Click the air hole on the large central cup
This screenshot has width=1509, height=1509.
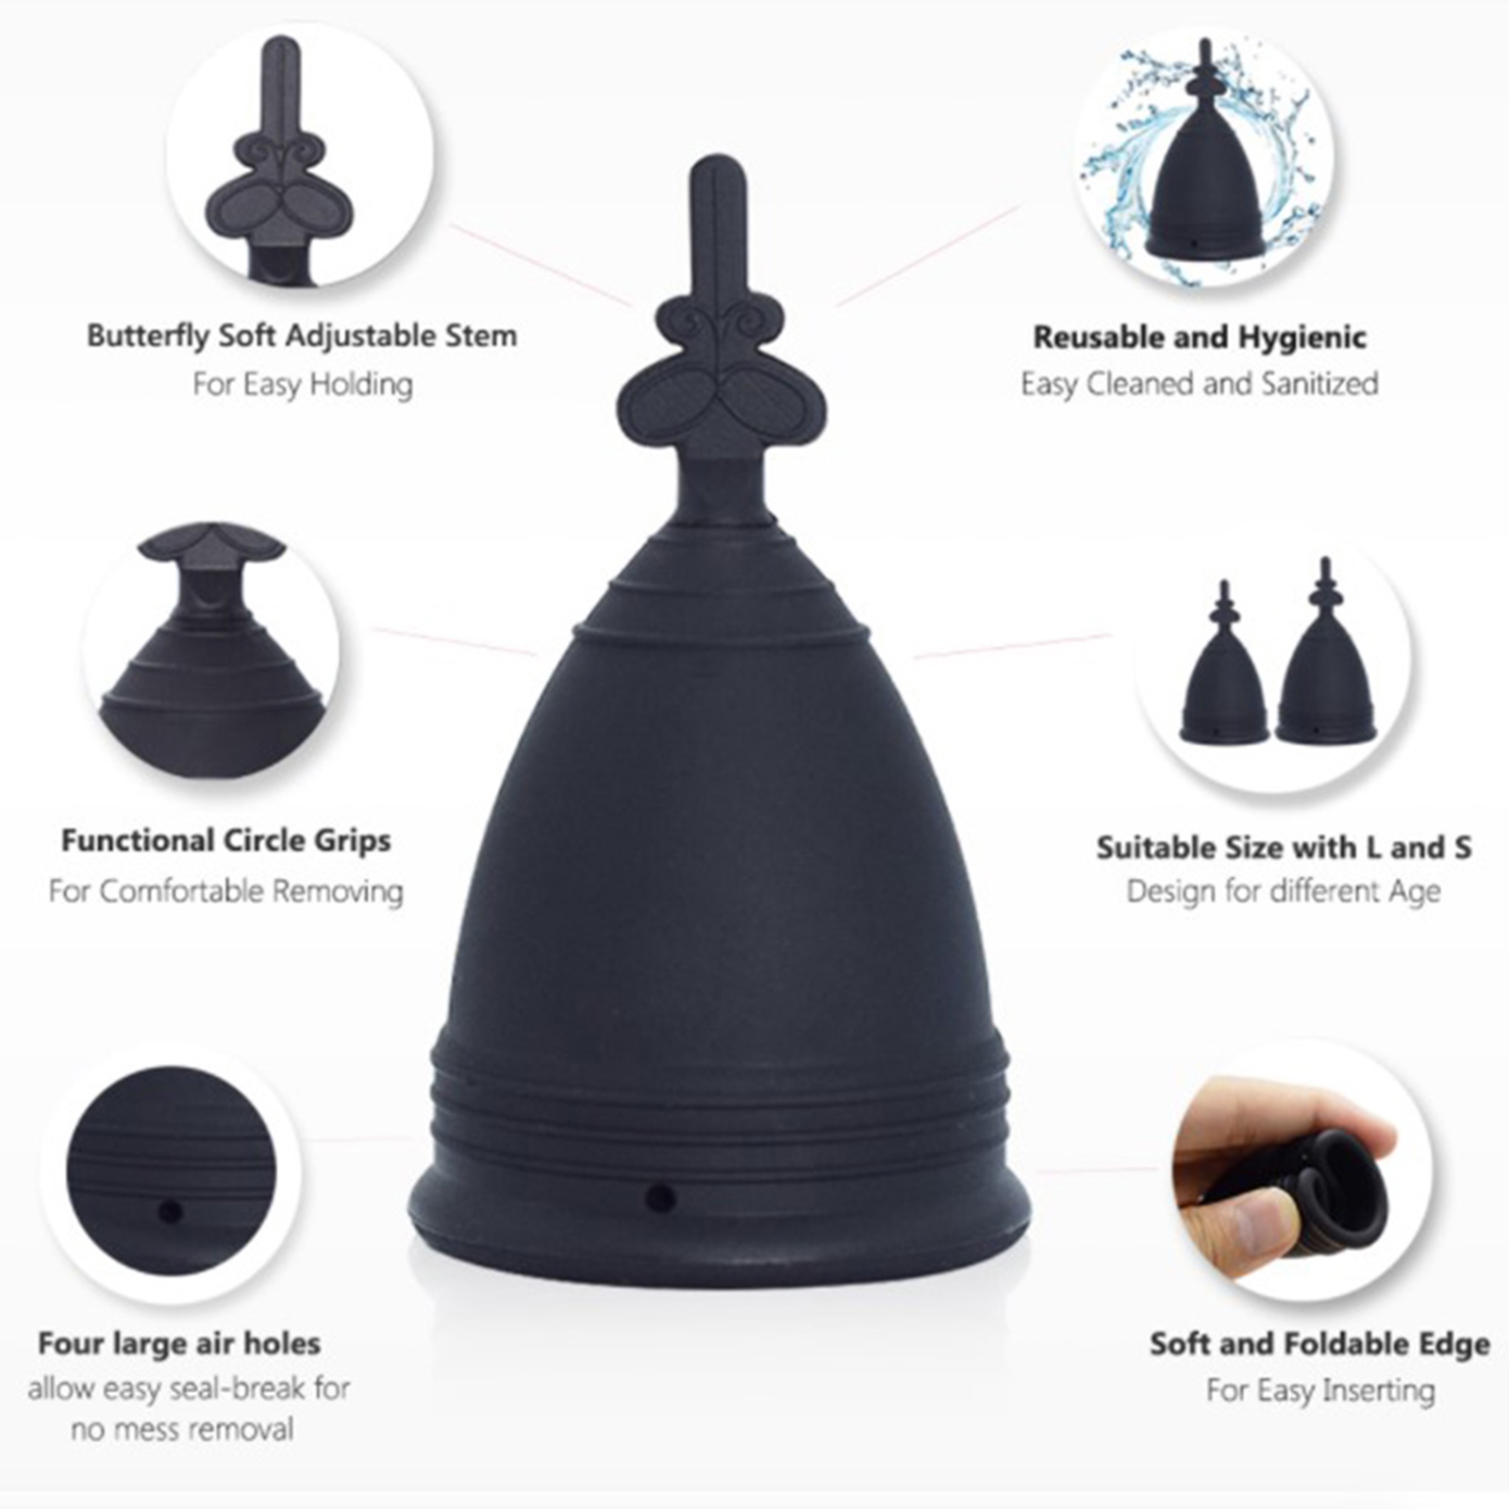click(661, 1199)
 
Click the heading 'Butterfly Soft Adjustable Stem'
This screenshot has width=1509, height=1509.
click(302, 336)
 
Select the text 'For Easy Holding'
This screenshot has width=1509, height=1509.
click(303, 384)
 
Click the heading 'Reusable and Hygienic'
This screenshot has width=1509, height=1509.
click(1200, 337)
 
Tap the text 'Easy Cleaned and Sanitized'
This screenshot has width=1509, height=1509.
click(1200, 384)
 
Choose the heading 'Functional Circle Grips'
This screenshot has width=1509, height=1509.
click(226, 840)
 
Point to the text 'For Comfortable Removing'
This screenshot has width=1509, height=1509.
click(226, 890)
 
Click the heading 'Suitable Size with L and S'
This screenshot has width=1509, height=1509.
click(1284, 847)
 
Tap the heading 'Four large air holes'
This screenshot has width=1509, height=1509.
click(179, 1343)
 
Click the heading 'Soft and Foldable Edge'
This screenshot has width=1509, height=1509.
click(1319, 1344)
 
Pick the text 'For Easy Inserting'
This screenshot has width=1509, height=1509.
click(1320, 1390)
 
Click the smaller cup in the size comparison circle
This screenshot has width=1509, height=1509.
click(1224, 679)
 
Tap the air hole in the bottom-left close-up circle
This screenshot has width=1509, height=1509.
click(171, 1211)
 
